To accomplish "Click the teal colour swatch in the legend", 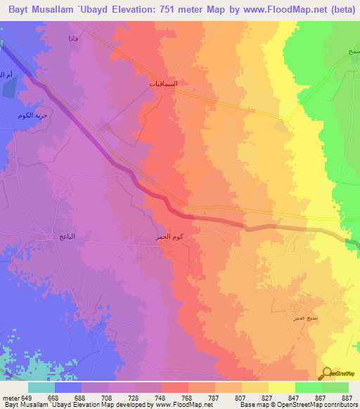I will click(41, 387).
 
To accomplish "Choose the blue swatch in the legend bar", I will click(68, 387).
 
